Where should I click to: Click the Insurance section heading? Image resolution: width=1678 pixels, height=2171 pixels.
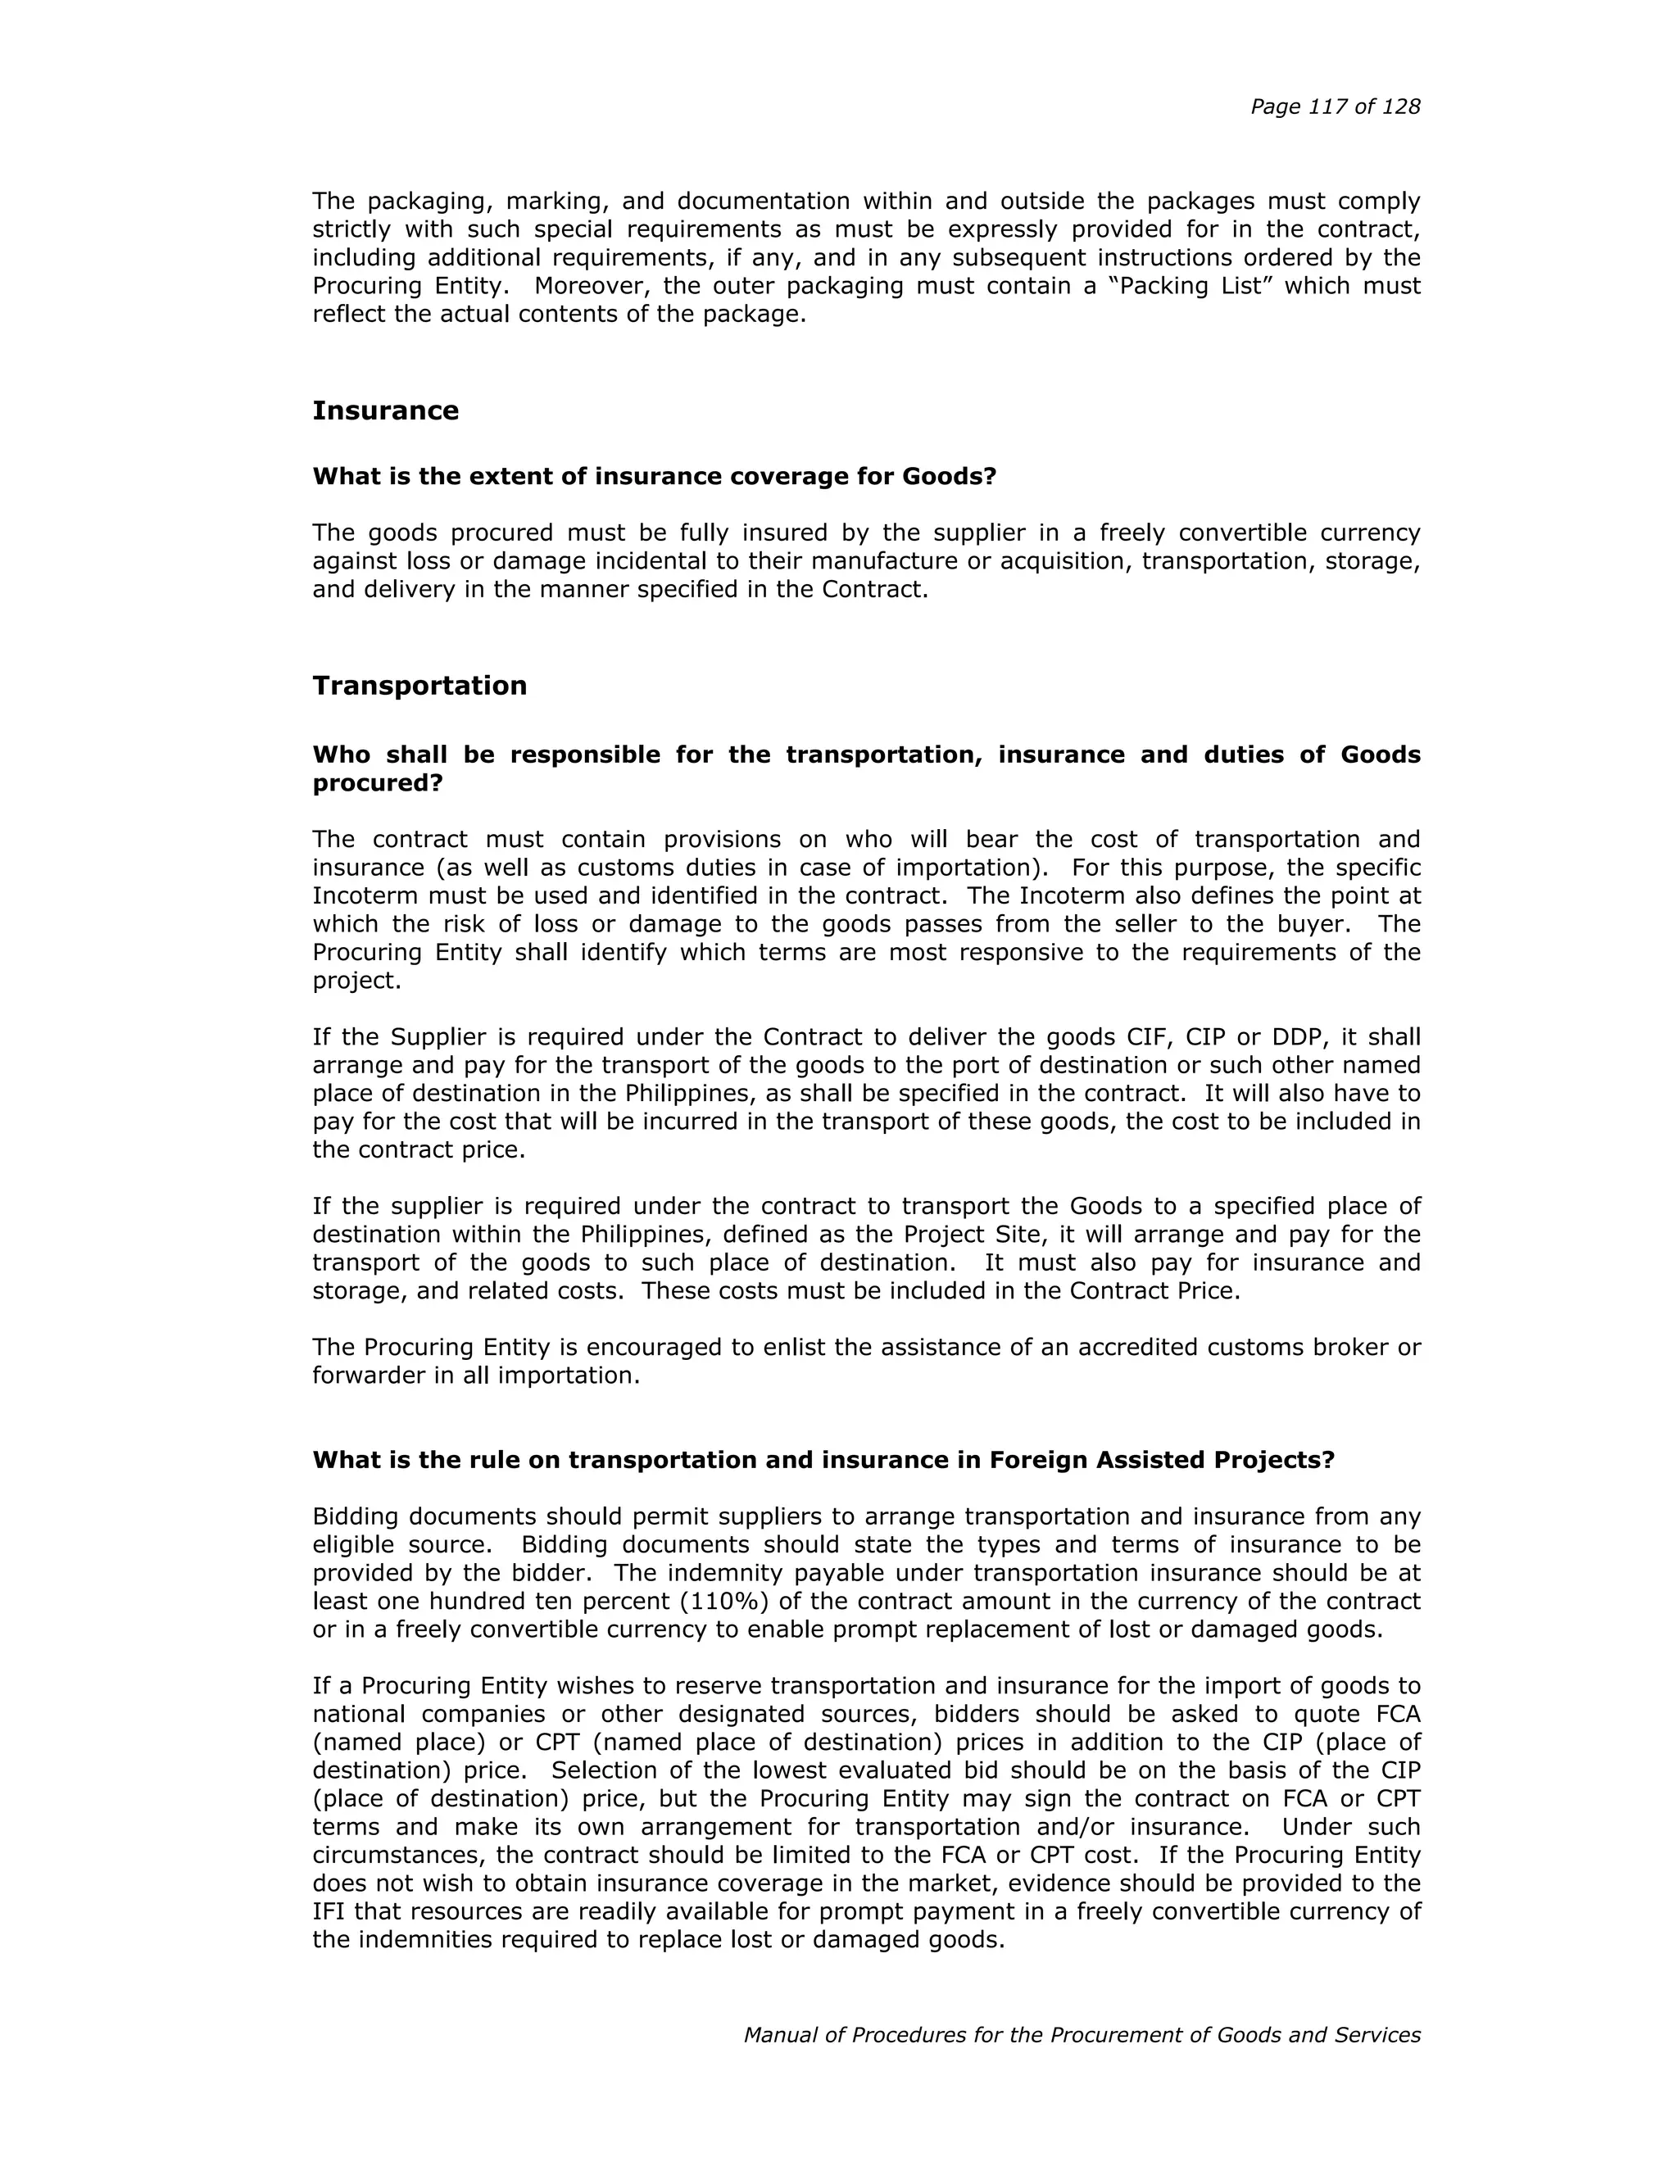[x=385, y=410]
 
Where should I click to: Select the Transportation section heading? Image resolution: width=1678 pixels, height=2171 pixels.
[x=419, y=686]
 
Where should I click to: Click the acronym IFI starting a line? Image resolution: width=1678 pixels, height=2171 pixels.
[x=329, y=1911]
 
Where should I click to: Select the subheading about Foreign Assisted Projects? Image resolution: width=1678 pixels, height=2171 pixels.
[x=823, y=1460]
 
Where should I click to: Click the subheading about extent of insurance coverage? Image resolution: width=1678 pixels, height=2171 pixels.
[x=654, y=476]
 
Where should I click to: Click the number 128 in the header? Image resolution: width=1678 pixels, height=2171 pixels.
[x=1399, y=107]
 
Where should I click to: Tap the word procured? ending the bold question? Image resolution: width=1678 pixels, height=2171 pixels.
[x=377, y=783]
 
